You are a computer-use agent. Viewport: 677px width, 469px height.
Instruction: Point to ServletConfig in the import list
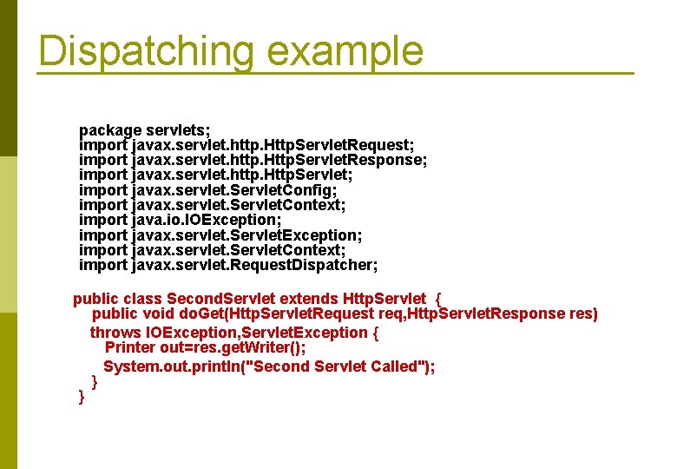286,189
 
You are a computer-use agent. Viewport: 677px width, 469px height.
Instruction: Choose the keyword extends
311,299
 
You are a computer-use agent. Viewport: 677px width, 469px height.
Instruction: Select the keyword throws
116,333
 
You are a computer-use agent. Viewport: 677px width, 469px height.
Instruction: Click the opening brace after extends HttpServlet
437,299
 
